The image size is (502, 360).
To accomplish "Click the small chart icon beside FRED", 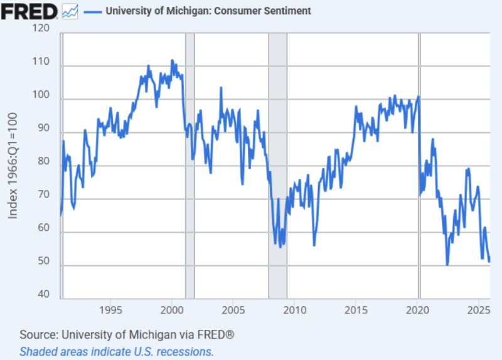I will click(x=70, y=11).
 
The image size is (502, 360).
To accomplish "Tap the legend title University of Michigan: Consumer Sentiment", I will click(x=208, y=11).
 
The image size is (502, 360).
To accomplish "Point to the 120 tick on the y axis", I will click(x=41, y=29).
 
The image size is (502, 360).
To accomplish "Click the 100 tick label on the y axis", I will click(x=41, y=99).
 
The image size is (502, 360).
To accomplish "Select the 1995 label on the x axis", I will click(x=110, y=310).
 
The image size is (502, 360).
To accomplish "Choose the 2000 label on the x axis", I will click(x=172, y=310).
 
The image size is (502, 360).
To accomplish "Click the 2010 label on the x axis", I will click(x=295, y=310).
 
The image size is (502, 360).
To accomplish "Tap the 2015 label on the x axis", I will click(x=356, y=310).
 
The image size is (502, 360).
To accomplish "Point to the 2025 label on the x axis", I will click(x=479, y=310).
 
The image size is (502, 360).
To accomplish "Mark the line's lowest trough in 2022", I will click(x=447, y=265).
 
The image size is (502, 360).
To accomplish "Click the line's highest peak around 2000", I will click(x=173, y=60).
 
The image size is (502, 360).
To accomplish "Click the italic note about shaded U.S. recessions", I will click(x=117, y=351).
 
